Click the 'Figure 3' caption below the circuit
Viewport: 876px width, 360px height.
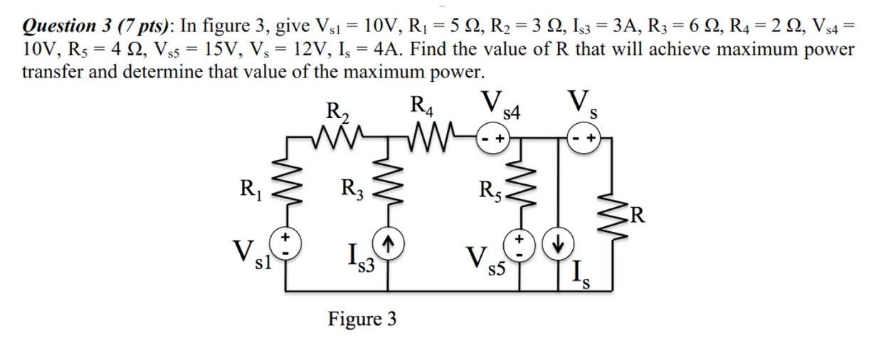click(x=362, y=319)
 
